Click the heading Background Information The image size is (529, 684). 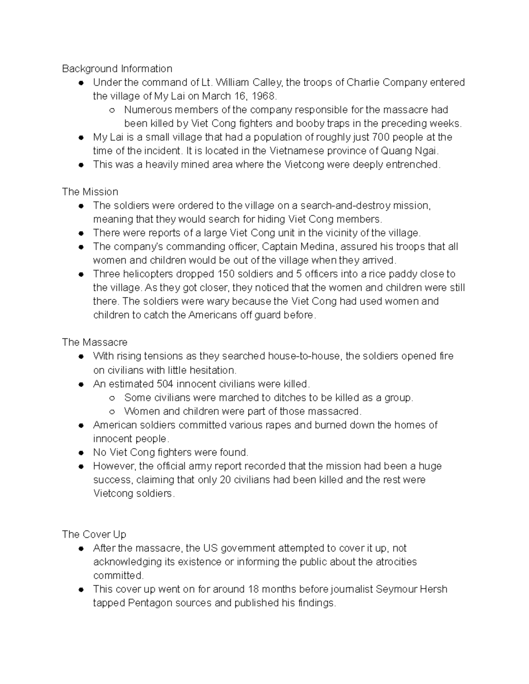click(117, 69)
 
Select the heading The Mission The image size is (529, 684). click(90, 192)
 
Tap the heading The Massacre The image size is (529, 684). click(95, 342)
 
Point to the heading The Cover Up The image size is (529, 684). click(94, 534)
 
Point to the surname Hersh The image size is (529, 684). click(434, 589)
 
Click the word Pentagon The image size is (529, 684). click(150, 603)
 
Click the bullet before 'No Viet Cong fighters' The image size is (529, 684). click(81, 453)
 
